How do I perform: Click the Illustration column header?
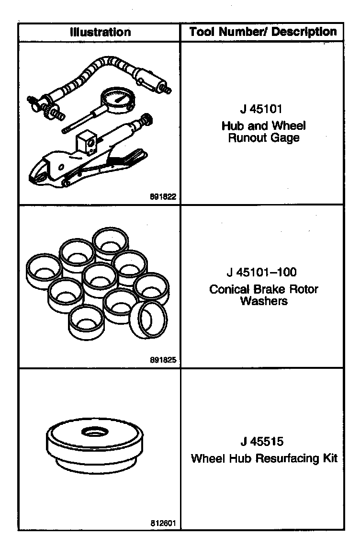click(100, 32)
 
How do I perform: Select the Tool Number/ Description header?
click(263, 32)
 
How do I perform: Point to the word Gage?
click(286, 139)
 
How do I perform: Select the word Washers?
click(263, 301)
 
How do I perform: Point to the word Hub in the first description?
click(232, 126)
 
